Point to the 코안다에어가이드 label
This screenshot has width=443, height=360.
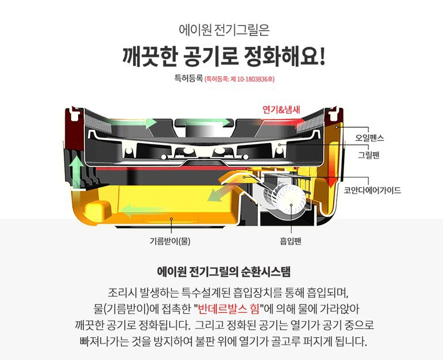pos(372,190)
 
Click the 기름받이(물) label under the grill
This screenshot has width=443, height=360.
pos(170,241)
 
